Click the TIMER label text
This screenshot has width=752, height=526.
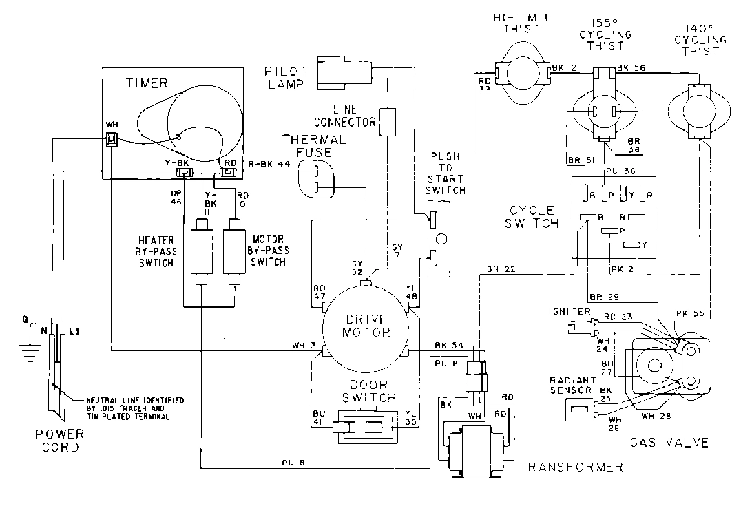click(x=147, y=83)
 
